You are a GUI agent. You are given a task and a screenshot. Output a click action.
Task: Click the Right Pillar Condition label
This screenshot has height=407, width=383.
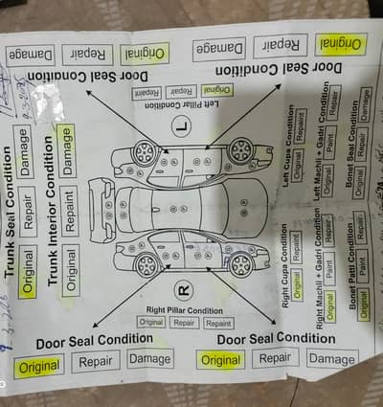(185, 310)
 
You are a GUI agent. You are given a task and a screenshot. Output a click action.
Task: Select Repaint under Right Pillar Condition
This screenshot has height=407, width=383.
(218, 323)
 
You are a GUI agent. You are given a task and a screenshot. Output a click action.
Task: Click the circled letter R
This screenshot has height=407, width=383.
(185, 287)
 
